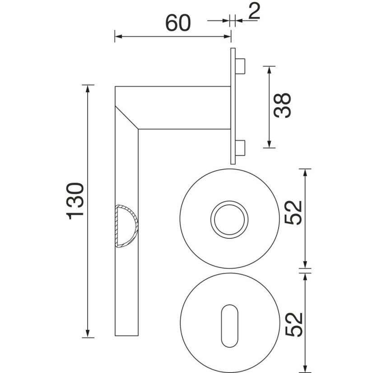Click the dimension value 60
click(178, 23)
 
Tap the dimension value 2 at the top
click(254, 11)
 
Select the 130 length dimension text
click(75, 201)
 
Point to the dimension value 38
click(282, 105)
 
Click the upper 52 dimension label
click(294, 213)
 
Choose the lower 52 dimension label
click(294, 325)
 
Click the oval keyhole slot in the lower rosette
click(229, 326)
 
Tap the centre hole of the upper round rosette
click(229, 219)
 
